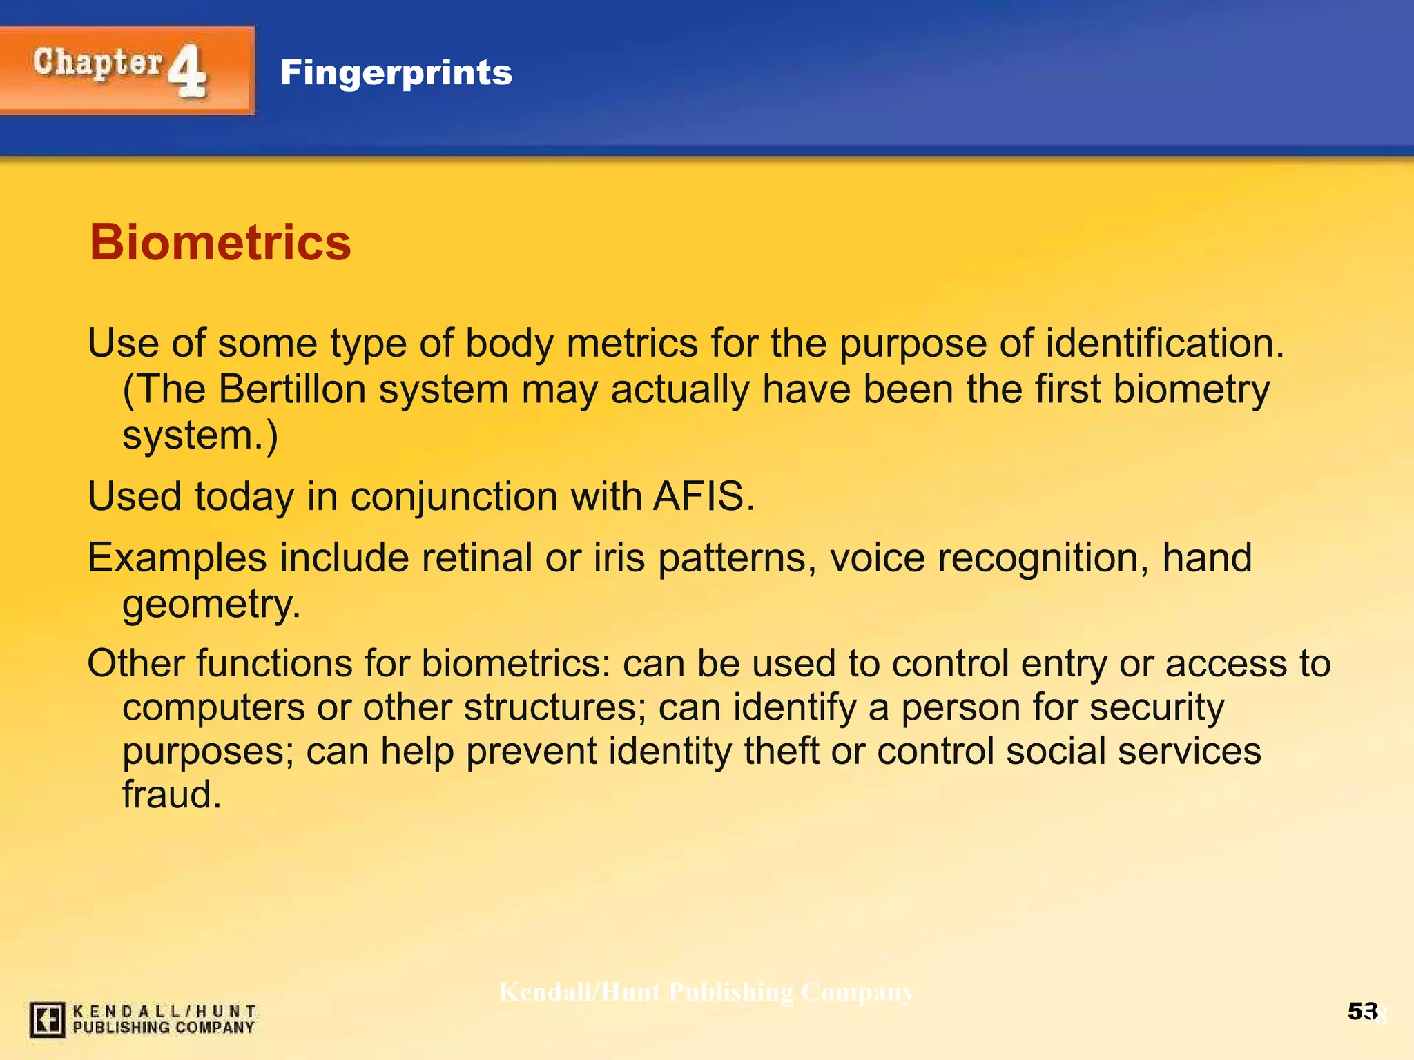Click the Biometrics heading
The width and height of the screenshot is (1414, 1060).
pyautogui.click(x=220, y=243)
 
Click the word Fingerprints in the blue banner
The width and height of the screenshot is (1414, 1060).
pyautogui.click(x=396, y=72)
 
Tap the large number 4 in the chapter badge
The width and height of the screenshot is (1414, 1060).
pyautogui.click(x=186, y=71)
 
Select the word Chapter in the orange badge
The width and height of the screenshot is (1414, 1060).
pyautogui.click(x=97, y=63)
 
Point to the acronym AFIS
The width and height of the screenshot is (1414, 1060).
pyautogui.click(x=703, y=496)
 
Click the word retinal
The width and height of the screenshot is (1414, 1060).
pyautogui.click(x=476, y=558)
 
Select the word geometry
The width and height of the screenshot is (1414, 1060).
pyautogui.click(x=211, y=604)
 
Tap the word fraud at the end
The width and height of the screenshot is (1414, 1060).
pyautogui.click(x=171, y=794)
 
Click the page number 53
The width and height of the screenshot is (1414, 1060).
pyautogui.click(x=1362, y=1012)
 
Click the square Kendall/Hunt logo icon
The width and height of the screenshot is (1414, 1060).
pyautogui.click(x=47, y=1020)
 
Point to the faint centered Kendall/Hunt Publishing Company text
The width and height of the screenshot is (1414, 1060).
pyautogui.click(x=706, y=992)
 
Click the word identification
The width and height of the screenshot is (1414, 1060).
pyautogui.click(x=1164, y=343)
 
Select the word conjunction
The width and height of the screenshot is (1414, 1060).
pyautogui.click(x=454, y=496)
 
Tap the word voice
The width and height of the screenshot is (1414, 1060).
pyautogui.click(x=876, y=558)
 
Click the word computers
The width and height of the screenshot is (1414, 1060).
pyautogui.click(x=213, y=707)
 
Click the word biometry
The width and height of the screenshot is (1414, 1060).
pyautogui.click(x=1191, y=389)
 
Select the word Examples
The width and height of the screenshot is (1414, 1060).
pyautogui.click(x=177, y=558)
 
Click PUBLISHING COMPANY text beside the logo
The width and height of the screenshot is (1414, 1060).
pyautogui.click(x=164, y=1028)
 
